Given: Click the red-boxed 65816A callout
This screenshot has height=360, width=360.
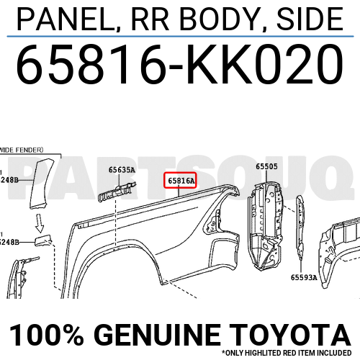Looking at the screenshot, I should (181, 182).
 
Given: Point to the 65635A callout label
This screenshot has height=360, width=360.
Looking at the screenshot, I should (122, 171).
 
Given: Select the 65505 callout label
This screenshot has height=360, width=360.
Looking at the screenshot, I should (266, 166).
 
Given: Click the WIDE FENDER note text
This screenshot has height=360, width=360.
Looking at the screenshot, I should (22, 150).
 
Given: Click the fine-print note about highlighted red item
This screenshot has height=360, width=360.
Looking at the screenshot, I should (289, 353).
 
